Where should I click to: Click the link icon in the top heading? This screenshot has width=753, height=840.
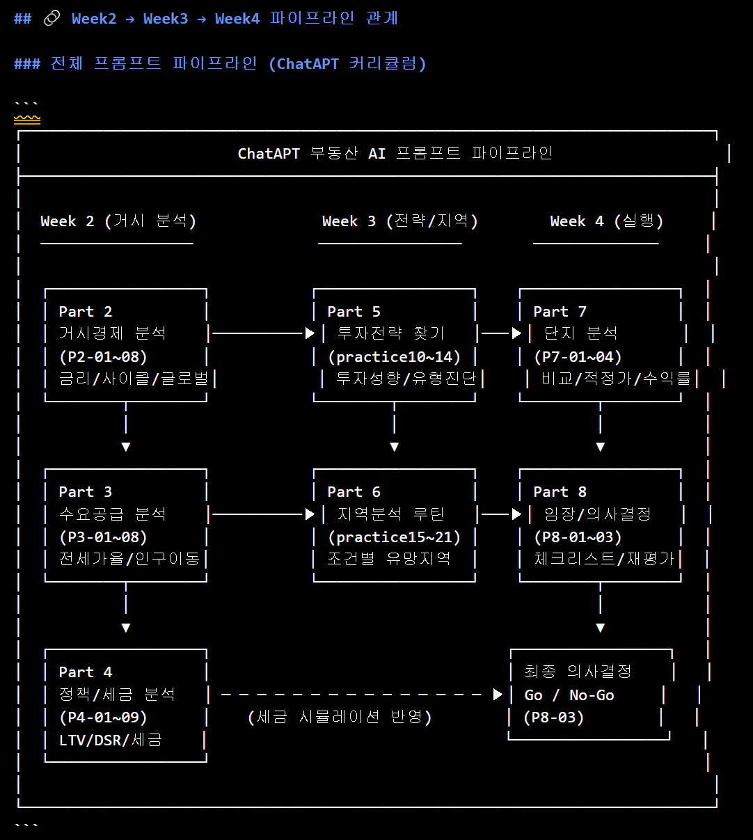[51, 19]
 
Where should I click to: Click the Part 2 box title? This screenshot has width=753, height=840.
[85, 312]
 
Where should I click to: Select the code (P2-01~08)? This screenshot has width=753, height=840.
[103, 357]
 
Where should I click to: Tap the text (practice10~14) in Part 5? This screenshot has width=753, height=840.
[394, 357]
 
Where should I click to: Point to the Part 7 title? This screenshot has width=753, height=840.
[560, 312]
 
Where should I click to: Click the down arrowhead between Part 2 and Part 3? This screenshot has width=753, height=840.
[126, 447]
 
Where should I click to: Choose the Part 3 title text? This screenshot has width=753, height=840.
[85, 492]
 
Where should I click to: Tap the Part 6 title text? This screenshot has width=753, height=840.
[354, 492]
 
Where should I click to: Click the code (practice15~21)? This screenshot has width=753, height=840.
[394, 537]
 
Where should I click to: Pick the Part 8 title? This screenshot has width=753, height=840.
[560, 492]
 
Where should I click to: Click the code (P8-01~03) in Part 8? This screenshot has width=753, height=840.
[578, 537]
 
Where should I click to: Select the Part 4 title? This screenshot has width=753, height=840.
[85, 672]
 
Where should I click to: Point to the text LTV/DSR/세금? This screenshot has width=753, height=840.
[111, 740]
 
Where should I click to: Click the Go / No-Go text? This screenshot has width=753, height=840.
[569, 695]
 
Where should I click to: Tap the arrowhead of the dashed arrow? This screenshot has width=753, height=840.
[498, 695]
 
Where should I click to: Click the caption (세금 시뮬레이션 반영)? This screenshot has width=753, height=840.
[340, 717]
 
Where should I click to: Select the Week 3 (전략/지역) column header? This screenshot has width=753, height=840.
[399, 221]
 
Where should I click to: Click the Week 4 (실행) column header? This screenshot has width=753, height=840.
[606, 221]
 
